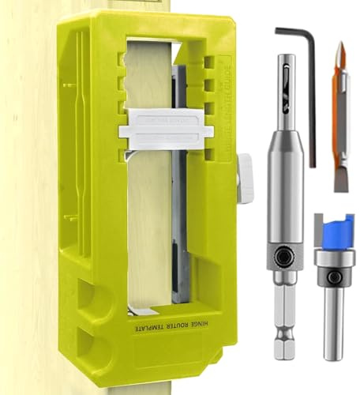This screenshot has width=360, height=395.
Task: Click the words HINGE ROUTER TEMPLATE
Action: [175, 325]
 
